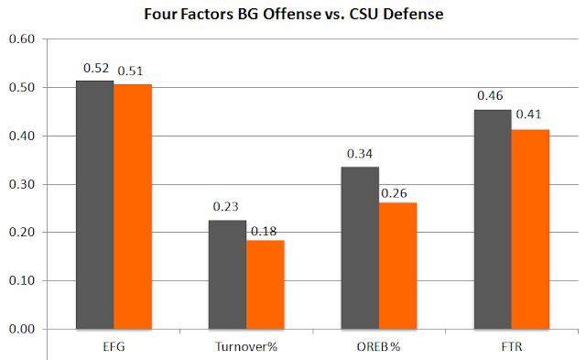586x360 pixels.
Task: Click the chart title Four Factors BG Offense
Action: pos(293,15)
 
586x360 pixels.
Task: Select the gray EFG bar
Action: pos(95,205)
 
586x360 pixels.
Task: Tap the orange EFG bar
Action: pos(133,207)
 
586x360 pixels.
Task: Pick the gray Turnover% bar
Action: pos(227,275)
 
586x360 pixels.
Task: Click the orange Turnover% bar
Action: pos(265,285)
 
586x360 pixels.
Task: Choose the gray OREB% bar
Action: pos(360,248)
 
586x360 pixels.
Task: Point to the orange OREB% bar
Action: pos(397,266)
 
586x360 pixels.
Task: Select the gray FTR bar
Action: pos(493,220)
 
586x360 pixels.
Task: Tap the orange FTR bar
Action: pos(530,230)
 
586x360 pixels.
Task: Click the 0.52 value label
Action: pos(96,68)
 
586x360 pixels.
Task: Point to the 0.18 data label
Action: pos(264,232)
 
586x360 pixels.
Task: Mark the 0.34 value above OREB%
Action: pos(360,154)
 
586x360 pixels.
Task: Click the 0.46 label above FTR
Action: pos(490,95)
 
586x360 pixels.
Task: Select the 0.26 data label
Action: pos(394,193)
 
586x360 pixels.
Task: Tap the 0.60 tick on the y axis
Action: pos(22,38)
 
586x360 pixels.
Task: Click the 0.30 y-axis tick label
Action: pos(22,184)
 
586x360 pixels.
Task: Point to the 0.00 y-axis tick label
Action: pos(22,330)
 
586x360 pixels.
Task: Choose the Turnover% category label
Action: pos(246,347)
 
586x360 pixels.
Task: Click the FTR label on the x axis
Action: pos(512,347)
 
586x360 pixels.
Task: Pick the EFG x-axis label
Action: pos(114,347)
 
